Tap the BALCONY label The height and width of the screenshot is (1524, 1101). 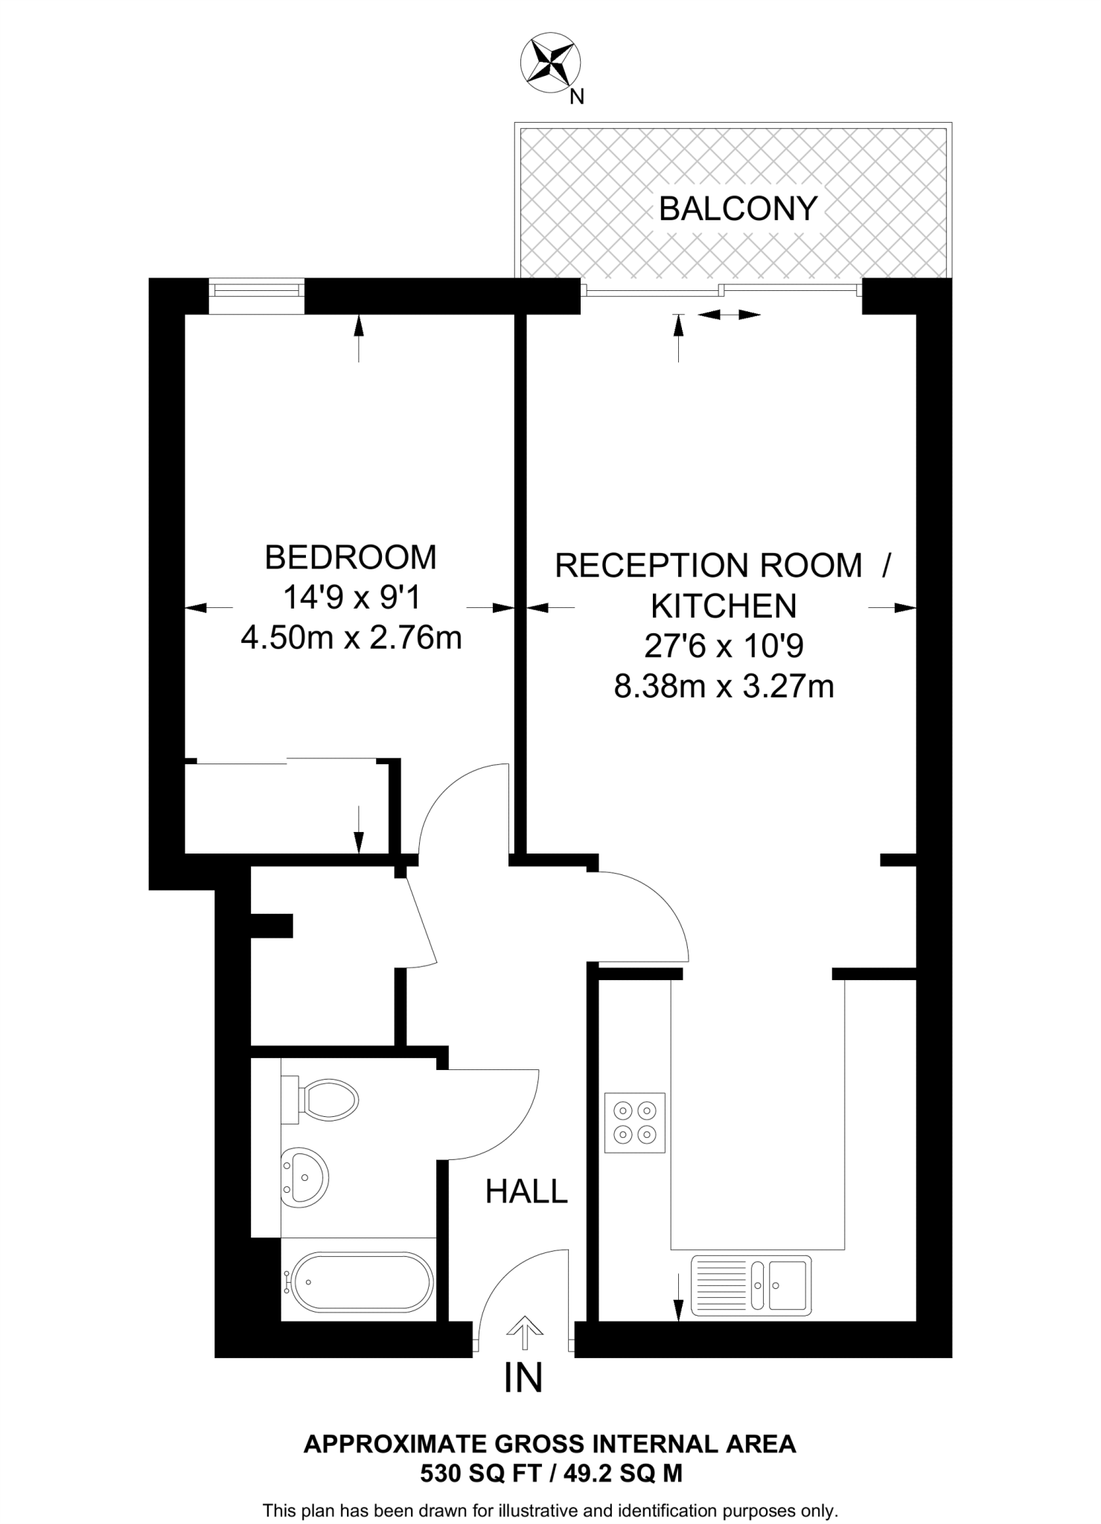pyautogui.click(x=738, y=208)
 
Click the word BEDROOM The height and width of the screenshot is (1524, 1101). pyautogui.click(x=351, y=557)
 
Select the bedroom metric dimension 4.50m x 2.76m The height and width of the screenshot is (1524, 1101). pyautogui.click(x=351, y=638)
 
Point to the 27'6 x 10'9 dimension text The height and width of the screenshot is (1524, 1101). pyautogui.click(x=724, y=646)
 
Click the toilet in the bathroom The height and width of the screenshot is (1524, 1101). pyautogui.click(x=324, y=1098)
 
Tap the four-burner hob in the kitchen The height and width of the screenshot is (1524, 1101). pyautogui.click(x=634, y=1123)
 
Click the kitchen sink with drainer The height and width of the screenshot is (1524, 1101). pyautogui.click(x=750, y=1285)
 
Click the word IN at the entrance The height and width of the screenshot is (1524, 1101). pyautogui.click(x=523, y=1378)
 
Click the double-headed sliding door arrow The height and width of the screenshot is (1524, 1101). pyautogui.click(x=729, y=315)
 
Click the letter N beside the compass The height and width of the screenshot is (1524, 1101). pyautogui.click(x=576, y=97)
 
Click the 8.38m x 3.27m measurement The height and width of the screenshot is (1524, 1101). pyautogui.click(x=724, y=686)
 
